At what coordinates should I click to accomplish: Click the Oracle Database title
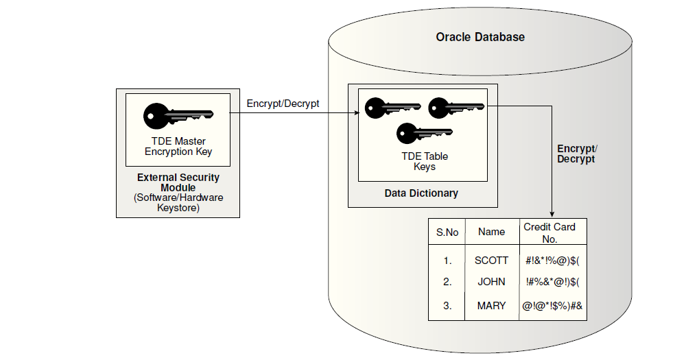480,37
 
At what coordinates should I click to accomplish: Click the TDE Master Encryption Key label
178,147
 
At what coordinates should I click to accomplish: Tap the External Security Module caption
178,182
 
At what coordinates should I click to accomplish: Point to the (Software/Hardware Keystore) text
178,203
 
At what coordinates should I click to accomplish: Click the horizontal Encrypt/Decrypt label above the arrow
283,104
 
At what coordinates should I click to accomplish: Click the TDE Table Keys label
425,161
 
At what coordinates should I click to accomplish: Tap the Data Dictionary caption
421,193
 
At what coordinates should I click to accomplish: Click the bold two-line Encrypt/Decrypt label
576,154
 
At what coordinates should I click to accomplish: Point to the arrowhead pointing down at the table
553,214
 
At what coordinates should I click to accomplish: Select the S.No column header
447,232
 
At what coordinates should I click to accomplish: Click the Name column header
491,232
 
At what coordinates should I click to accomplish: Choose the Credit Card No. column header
549,232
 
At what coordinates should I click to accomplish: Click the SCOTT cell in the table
491,261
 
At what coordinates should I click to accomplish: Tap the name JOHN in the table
491,282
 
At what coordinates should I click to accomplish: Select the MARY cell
491,306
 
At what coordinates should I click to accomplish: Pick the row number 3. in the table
447,306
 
